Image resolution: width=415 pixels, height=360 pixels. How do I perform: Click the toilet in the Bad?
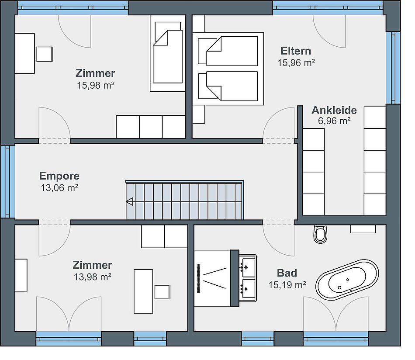coord(320,234)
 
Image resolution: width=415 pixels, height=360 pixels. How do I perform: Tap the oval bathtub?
coord(347,280)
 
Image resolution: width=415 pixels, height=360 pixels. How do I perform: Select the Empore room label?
coord(59,176)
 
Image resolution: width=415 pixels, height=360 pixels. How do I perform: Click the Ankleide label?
coord(334,110)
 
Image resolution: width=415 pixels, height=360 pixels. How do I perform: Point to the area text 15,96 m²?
coord(296,63)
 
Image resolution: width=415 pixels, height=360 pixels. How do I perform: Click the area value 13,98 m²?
coord(92,277)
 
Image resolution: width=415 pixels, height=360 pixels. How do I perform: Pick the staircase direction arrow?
coord(130,202)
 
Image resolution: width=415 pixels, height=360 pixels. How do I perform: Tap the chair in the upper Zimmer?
coord(45,54)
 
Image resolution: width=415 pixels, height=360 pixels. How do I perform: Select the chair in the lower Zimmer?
coord(163,292)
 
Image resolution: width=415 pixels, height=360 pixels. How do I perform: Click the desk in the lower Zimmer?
coord(143,291)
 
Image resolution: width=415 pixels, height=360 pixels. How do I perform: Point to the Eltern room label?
coord(296,51)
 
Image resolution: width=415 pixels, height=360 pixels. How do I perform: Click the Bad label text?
coord(287,273)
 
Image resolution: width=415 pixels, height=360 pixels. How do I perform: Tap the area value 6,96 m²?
coord(334,121)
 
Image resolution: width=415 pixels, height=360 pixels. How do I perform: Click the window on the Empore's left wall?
coord(7,181)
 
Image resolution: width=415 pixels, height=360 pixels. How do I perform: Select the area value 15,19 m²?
coord(287,285)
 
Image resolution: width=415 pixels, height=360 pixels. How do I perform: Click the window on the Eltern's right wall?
coord(393,68)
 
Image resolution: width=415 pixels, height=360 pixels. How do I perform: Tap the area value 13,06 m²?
coord(59,188)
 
